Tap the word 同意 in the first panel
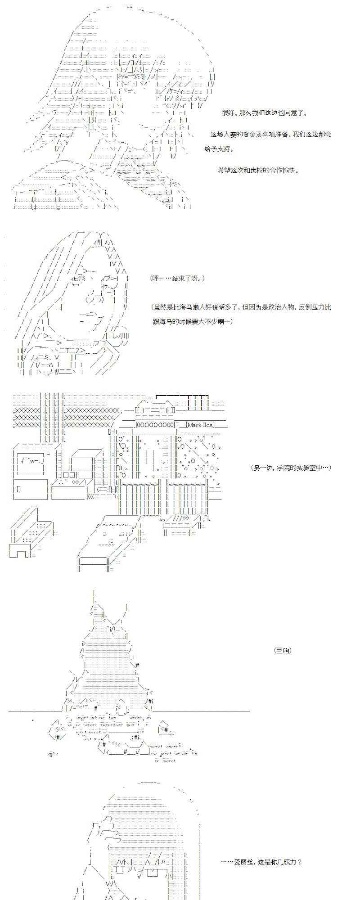[x=290, y=113]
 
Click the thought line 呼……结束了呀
[x=178, y=279]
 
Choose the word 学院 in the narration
[x=280, y=468]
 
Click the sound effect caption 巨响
[x=282, y=650]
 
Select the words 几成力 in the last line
[x=287, y=862]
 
